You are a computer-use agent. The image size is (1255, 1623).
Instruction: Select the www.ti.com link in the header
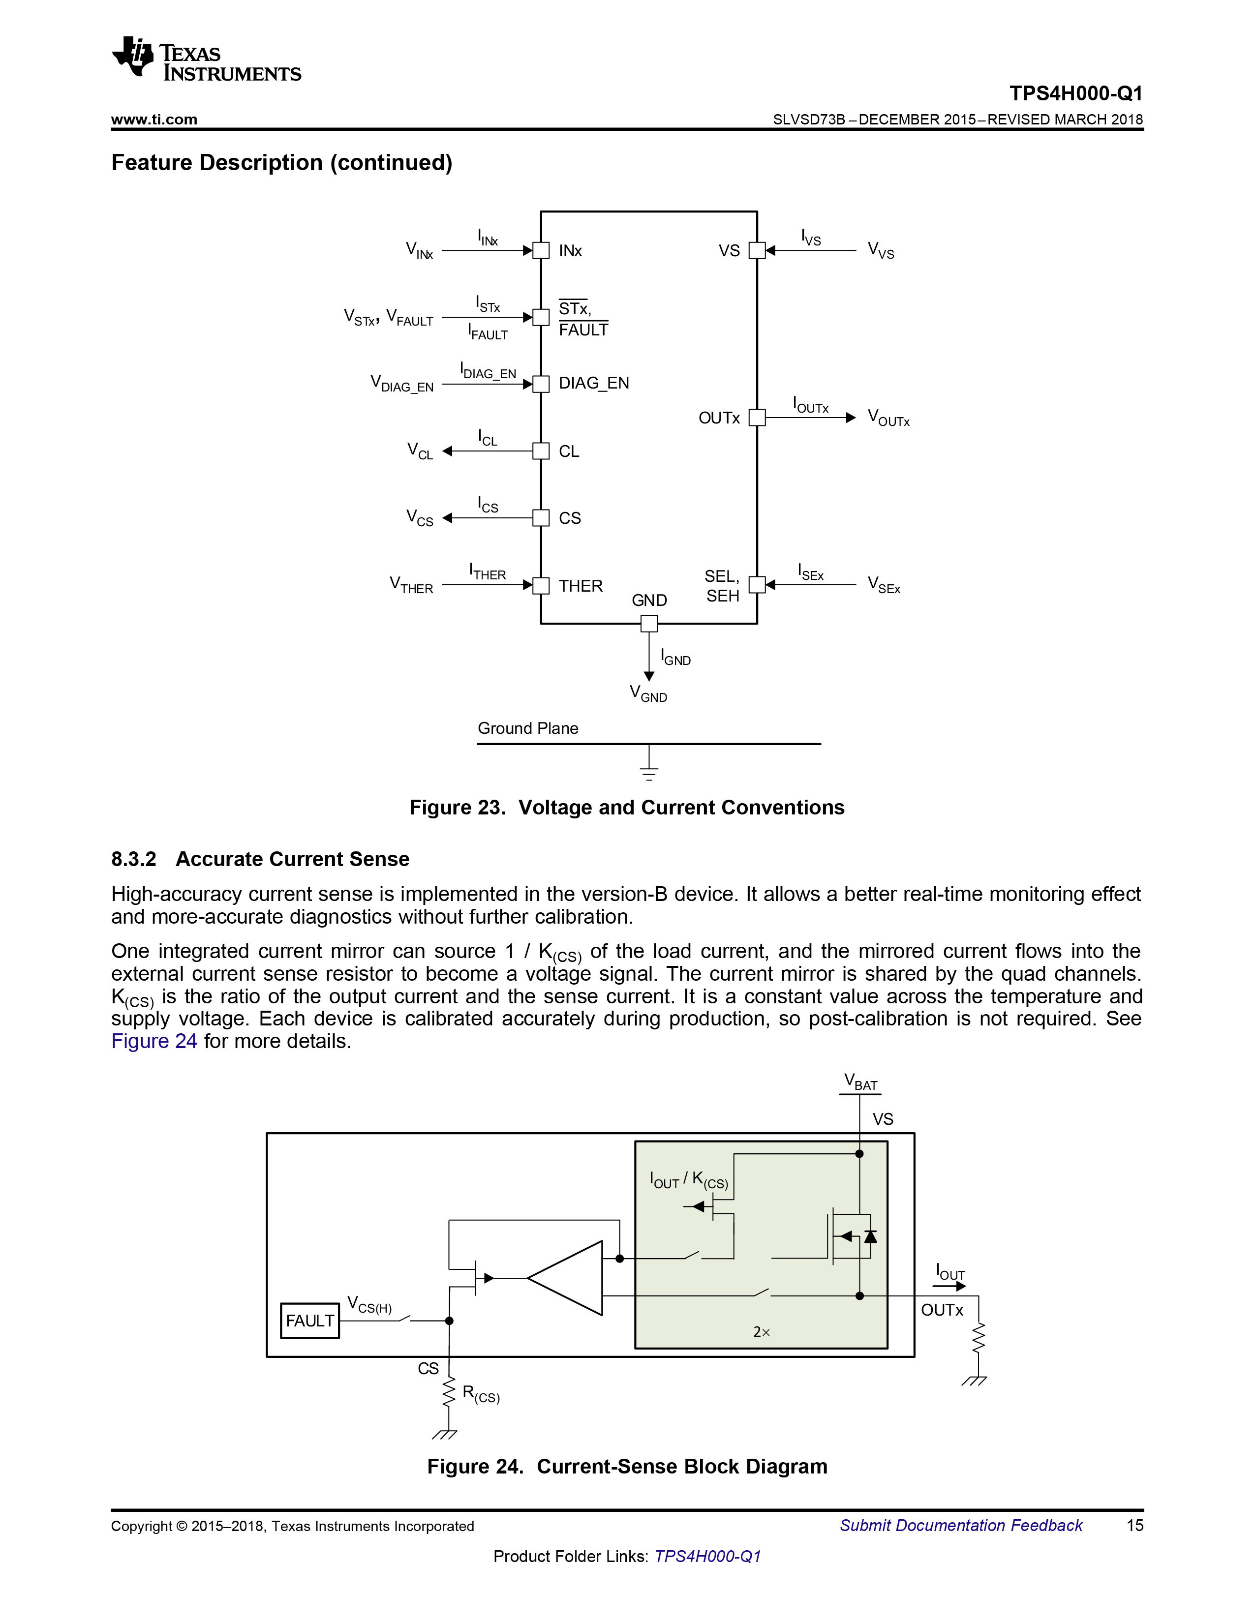tap(154, 120)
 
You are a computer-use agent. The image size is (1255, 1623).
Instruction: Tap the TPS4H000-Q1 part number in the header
tap(1076, 93)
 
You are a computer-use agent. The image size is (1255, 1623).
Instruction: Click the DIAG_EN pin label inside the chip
tap(593, 384)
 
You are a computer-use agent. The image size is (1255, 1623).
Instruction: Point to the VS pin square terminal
tap(757, 250)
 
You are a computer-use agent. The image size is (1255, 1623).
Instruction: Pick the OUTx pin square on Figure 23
tap(757, 418)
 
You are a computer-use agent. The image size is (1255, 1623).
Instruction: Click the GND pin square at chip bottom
tap(649, 624)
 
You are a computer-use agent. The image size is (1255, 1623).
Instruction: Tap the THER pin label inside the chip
tap(581, 586)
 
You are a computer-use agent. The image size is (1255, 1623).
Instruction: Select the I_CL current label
tap(488, 438)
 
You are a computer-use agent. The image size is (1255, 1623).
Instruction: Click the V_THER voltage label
tap(411, 585)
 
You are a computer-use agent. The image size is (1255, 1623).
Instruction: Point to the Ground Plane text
tap(528, 728)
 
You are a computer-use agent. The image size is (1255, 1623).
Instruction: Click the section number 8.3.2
tap(134, 860)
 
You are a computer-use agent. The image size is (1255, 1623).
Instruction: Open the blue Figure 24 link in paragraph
tap(154, 1041)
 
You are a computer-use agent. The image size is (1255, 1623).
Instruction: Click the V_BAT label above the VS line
tap(860, 1082)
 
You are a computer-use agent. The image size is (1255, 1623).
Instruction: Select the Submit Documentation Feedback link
tap(961, 1526)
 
